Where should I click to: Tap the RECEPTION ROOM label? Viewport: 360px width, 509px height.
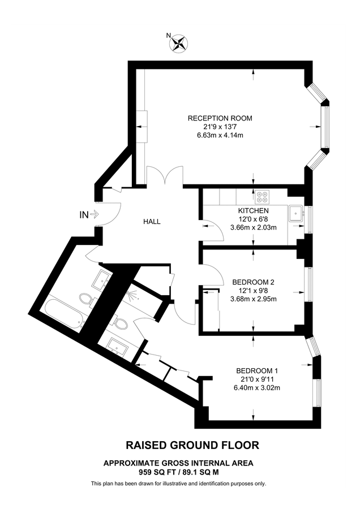pyautogui.click(x=220, y=118)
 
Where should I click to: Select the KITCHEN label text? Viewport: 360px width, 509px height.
pyautogui.click(x=253, y=211)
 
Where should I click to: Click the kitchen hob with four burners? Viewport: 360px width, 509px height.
pyautogui.click(x=263, y=196)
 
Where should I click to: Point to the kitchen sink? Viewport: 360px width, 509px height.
pyautogui.click(x=295, y=213)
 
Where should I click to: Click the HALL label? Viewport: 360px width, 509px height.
pyautogui.click(x=152, y=222)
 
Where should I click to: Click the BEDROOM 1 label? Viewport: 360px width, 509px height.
pyautogui.click(x=257, y=370)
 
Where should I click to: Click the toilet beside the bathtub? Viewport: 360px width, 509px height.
pyautogui.click(x=87, y=299)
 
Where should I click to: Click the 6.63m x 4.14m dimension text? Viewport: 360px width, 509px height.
pyautogui.click(x=220, y=135)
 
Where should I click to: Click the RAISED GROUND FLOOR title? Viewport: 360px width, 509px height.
pyautogui.click(x=192, y=446)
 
